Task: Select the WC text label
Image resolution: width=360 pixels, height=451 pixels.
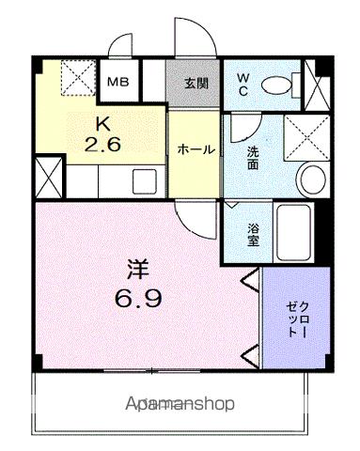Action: (x=243, y=83)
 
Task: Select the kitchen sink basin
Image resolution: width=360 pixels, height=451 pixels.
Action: (x=147, y=179)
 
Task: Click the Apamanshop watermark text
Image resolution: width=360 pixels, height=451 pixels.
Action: (x=179, y=404)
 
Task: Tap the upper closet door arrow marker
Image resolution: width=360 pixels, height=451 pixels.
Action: (x=251, y=279)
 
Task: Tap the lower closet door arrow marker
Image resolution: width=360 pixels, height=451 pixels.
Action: (x=251, y=356)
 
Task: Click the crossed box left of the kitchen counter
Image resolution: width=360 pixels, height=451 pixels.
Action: (x=46, y=177)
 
